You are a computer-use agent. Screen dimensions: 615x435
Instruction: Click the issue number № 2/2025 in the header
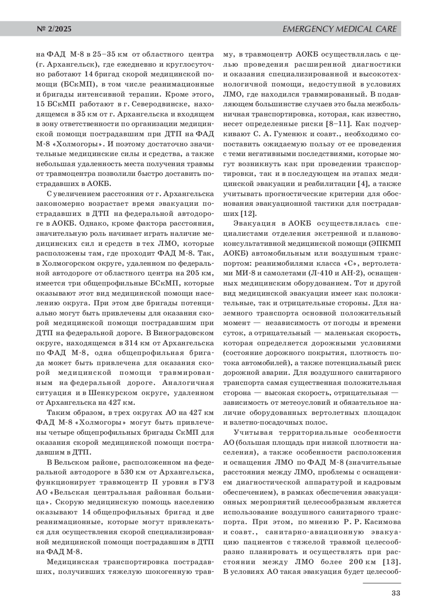54,29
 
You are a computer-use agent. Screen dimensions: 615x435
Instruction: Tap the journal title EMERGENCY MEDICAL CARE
339,29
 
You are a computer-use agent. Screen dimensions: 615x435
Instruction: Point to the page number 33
395,593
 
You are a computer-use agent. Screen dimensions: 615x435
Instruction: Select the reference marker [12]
248,213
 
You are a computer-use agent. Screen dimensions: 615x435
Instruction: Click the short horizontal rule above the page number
382,583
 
